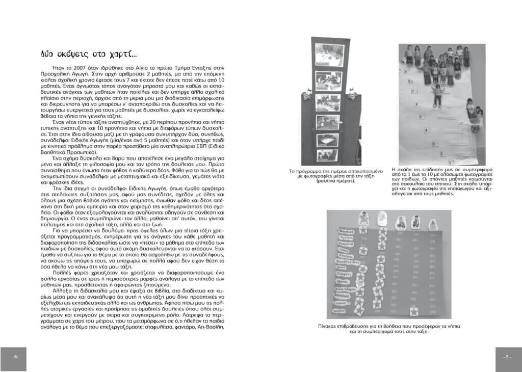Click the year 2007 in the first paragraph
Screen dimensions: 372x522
click(75, 67)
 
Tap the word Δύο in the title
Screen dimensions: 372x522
click(48, 54)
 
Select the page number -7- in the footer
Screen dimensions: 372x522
click(507, 357)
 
